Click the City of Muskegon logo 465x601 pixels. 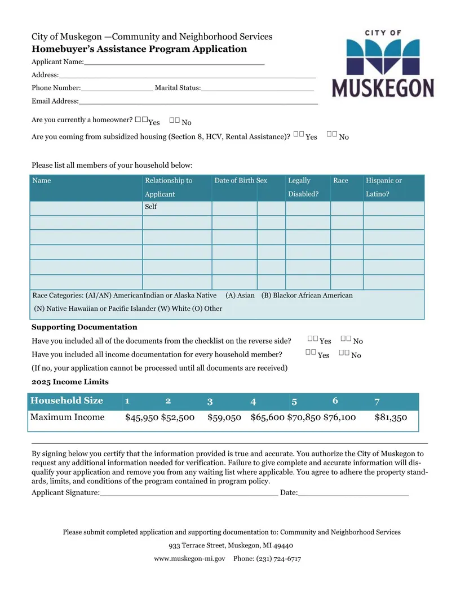click(383, 64)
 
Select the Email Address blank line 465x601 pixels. click(198, 103)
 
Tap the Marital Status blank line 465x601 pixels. click(257, 89)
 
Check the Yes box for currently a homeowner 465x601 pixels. click(141, 120)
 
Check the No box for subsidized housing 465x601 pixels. click(331, 134)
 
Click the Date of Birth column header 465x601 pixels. click(234, 181)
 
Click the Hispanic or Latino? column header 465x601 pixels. click(384, 188)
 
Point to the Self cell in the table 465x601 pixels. click(151, 207)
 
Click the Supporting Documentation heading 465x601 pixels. click(85, 327)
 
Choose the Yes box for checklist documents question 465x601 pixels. click(313, 339)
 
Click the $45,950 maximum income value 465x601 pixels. click(141, 417)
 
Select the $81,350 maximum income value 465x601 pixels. click(391, 417)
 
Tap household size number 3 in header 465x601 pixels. click(210, 402)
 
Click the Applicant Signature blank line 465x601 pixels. click(188, 494)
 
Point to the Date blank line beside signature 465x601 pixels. click(353, 494)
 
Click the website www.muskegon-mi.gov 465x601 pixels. click(189, 559)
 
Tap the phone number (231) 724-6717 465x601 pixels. click(278, 559)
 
